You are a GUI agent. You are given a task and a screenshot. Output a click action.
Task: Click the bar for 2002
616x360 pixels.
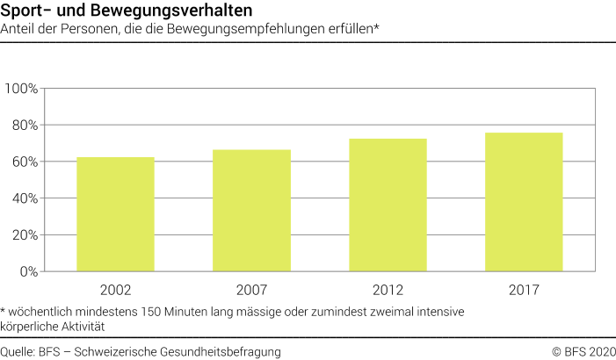click(x=115, y=214)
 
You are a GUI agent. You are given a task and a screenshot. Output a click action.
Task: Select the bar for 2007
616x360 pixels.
click(x=251, y=211)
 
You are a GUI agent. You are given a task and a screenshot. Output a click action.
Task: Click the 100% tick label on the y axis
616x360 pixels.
click(x=21, y=89)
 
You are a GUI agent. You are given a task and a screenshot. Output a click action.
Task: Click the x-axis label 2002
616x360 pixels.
click(x=115, y=289)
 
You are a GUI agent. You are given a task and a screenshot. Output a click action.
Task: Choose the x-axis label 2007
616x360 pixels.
click(x=251, y=289)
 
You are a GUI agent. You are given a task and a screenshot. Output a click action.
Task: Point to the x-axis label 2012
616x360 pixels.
click(x=388, y=289)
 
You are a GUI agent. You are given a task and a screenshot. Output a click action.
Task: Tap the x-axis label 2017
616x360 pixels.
click(x=524, y=289)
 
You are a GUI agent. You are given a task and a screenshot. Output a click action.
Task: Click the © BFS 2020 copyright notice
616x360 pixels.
click(x=583, y=351)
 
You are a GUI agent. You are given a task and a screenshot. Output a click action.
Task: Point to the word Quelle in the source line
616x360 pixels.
click(x=18, y=351)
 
